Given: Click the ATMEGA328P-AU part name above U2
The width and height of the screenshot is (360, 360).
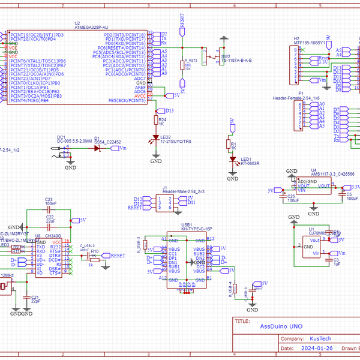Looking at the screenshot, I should pyautogui.click(x=91, y=28).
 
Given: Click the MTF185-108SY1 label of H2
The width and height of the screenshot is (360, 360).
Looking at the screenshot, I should pyautogui.click(x=309, y=43).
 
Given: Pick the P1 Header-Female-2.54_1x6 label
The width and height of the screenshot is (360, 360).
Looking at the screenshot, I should pyautogui.click(x=296, y=97).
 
